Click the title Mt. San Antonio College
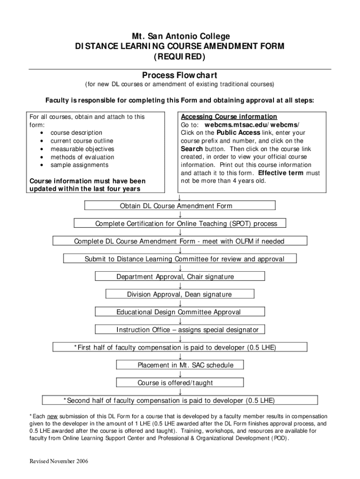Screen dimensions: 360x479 pos(181,36)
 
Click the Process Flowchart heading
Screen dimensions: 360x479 pos(180,75)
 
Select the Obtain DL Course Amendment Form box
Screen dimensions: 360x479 pos(180,205)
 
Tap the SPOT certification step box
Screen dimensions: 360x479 pos(180,223)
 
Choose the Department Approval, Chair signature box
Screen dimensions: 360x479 pos(180,276)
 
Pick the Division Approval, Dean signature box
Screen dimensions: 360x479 pos(180,294)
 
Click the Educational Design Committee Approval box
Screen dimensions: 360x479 pos(180,312)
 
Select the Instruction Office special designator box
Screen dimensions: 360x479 pos(180,329)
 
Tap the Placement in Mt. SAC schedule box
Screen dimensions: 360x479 pos(180,365)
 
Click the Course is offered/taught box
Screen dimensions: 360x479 pos(180,383)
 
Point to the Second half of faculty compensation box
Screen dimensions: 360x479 pos(180,400)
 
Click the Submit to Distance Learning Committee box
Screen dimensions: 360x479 pos(180,258)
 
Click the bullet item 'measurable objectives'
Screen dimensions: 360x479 pos(82,149)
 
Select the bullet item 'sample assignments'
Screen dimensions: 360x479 pos(79,165)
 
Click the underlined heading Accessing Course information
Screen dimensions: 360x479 pos(229,116)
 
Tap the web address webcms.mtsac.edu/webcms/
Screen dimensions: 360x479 pos(252,124)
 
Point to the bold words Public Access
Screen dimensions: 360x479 pos(238,132)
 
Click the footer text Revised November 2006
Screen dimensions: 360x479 pos(58,461)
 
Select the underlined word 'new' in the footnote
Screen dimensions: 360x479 pos(52,416)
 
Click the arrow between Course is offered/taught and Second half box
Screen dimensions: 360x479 pos(180,392)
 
